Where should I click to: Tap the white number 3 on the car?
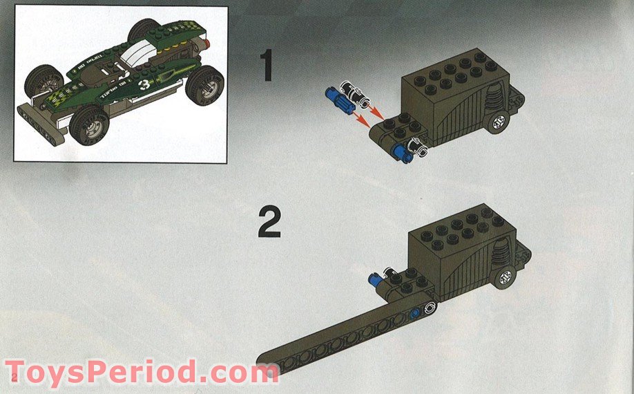144,85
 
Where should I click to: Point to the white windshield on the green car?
138,50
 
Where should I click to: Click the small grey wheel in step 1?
498,123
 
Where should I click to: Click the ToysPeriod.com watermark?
142,373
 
